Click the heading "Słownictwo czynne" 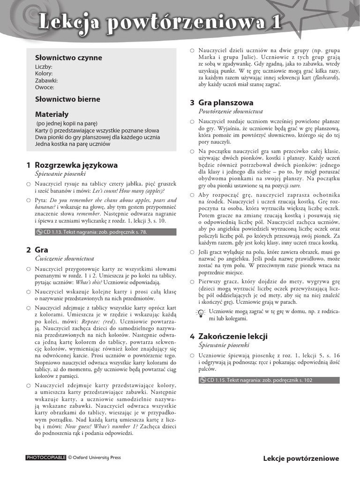(x=68, y=58)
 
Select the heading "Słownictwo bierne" (x=67, y=99)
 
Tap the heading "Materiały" (x=52, y=114)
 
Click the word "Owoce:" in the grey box (x=45, y=87)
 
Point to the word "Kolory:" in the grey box (x=44, y=74)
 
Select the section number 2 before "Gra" (x=29, y=250)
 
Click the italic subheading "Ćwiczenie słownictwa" (x=65, y=259)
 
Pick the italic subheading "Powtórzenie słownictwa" (x=231, y=112)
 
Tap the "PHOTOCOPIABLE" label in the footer (x=46, y=457)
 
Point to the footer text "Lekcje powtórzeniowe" (x=301, y=458)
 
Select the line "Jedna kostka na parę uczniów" (x=73, y=144)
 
